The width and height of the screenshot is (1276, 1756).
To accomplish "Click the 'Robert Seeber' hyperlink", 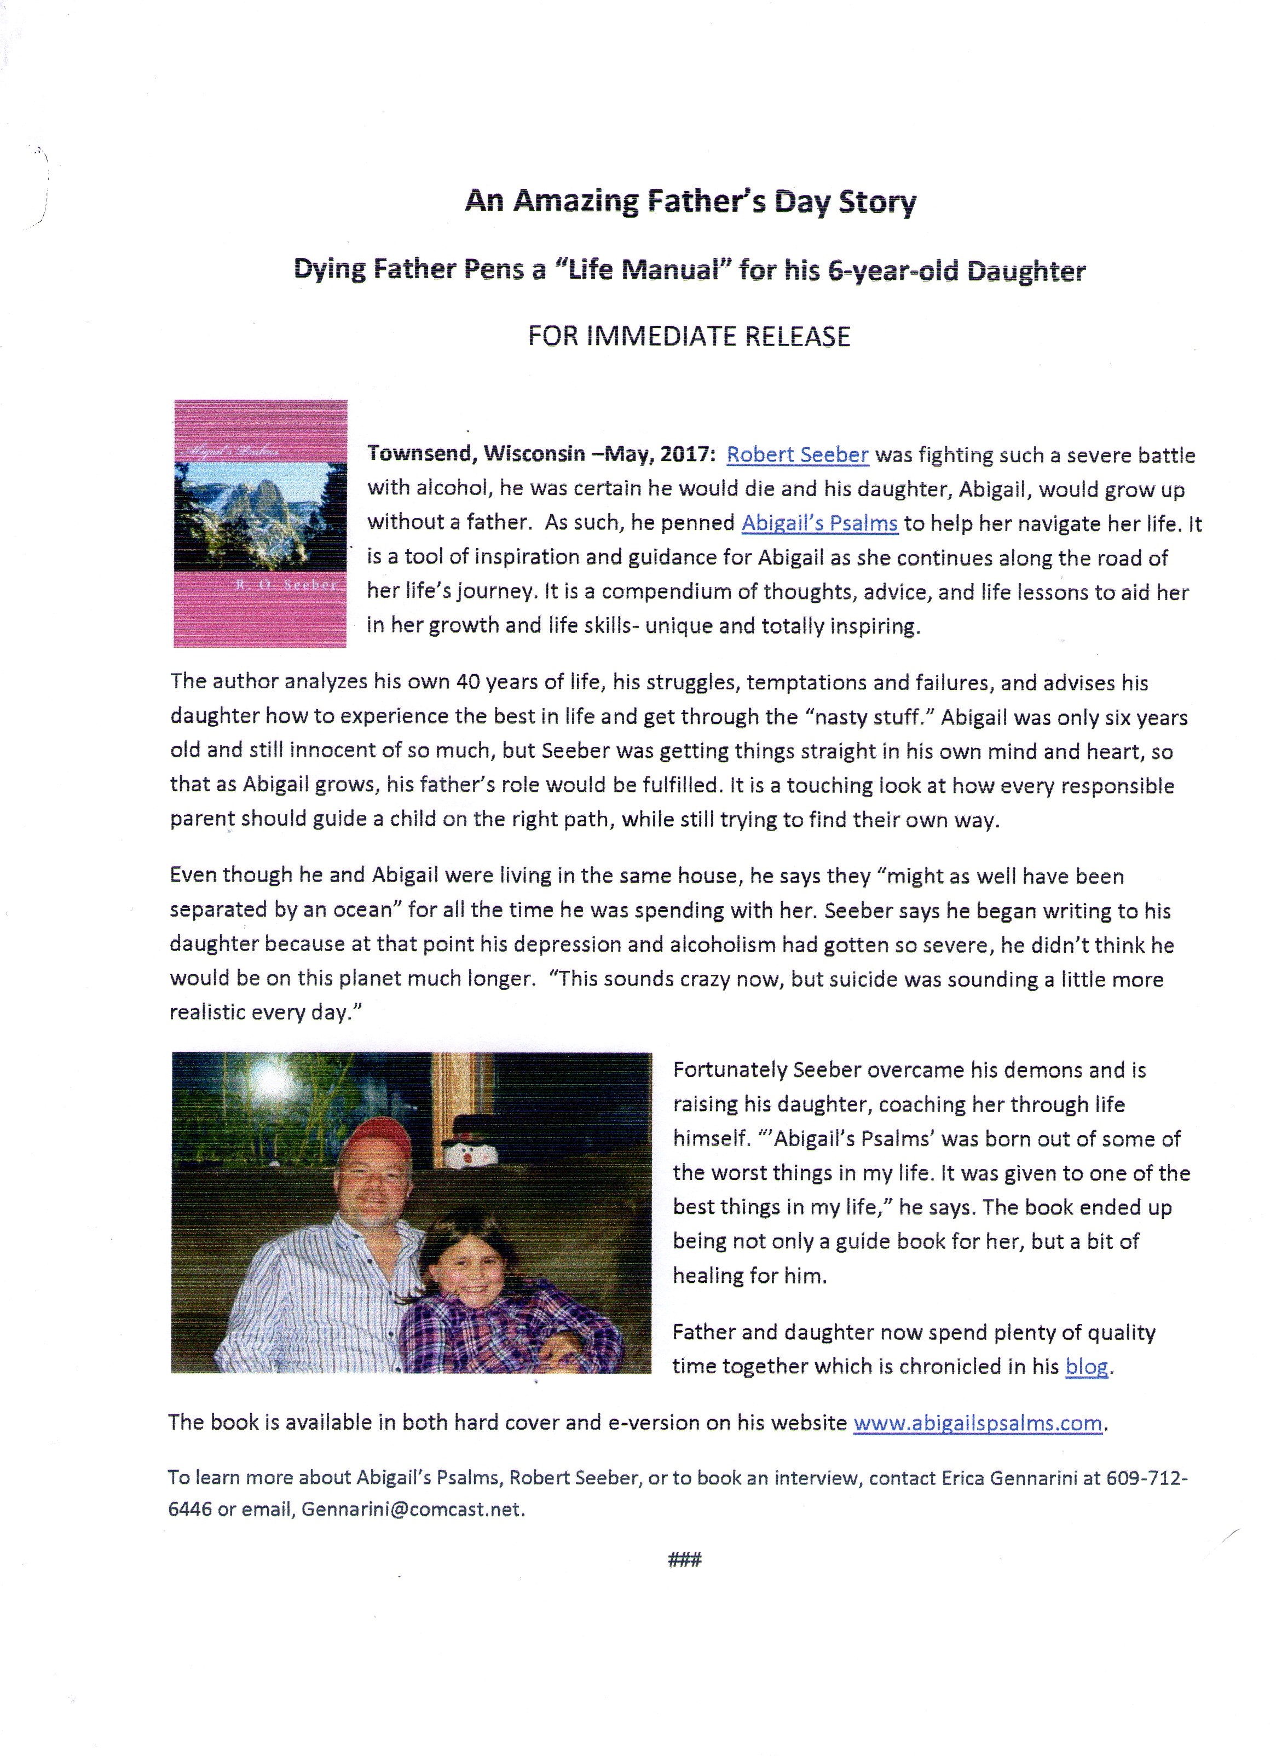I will coord(796,454).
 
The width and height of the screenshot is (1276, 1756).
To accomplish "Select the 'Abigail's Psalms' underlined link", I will coord(819,523).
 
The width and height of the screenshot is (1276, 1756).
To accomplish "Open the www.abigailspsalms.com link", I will coord(977,1423).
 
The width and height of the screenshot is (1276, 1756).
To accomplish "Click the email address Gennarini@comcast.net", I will coord(412,1509).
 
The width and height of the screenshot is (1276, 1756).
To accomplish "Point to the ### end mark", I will coord(684,1559).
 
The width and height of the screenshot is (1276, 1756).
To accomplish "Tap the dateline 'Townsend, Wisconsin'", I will coord(475,454).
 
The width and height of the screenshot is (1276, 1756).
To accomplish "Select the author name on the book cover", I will coord(285,585).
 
